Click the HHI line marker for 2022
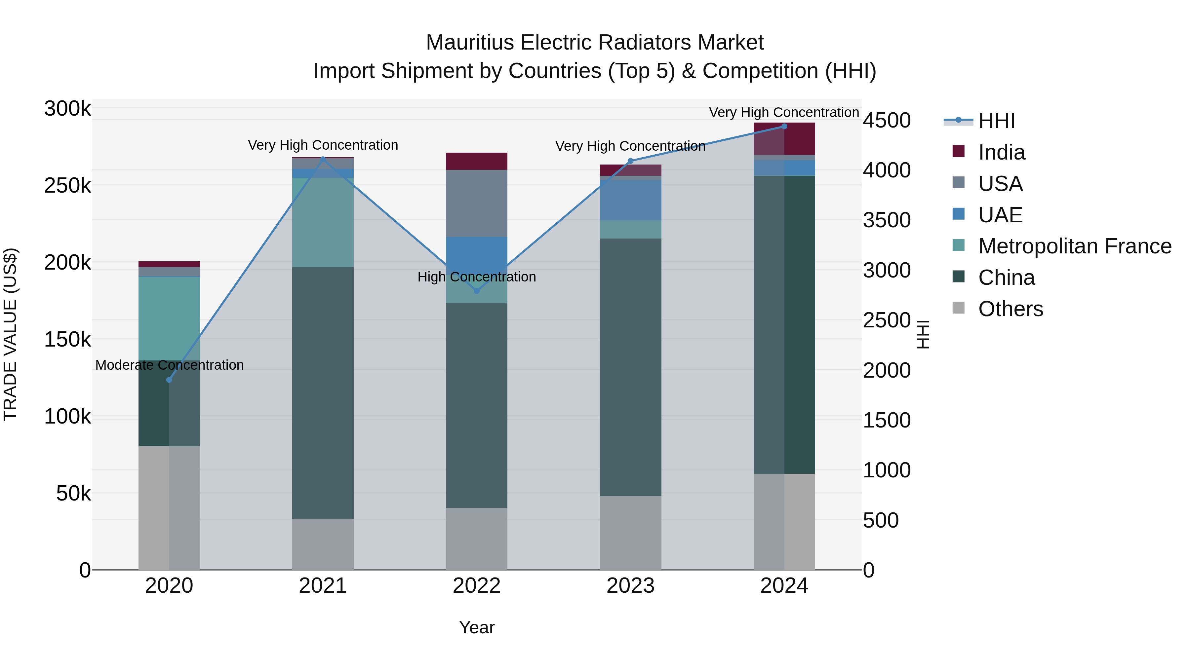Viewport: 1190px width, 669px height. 477,291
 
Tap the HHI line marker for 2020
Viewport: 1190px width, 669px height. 169,380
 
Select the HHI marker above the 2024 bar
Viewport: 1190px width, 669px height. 784,127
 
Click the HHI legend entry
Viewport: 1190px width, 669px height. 996,121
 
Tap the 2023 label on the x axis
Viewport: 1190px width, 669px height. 630,586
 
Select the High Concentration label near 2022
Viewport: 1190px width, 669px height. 477,277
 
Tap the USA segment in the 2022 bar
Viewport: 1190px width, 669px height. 476,203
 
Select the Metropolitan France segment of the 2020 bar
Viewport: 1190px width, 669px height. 169,318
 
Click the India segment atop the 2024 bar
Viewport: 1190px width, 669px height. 799,138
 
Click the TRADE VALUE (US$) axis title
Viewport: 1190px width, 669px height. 10,334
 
